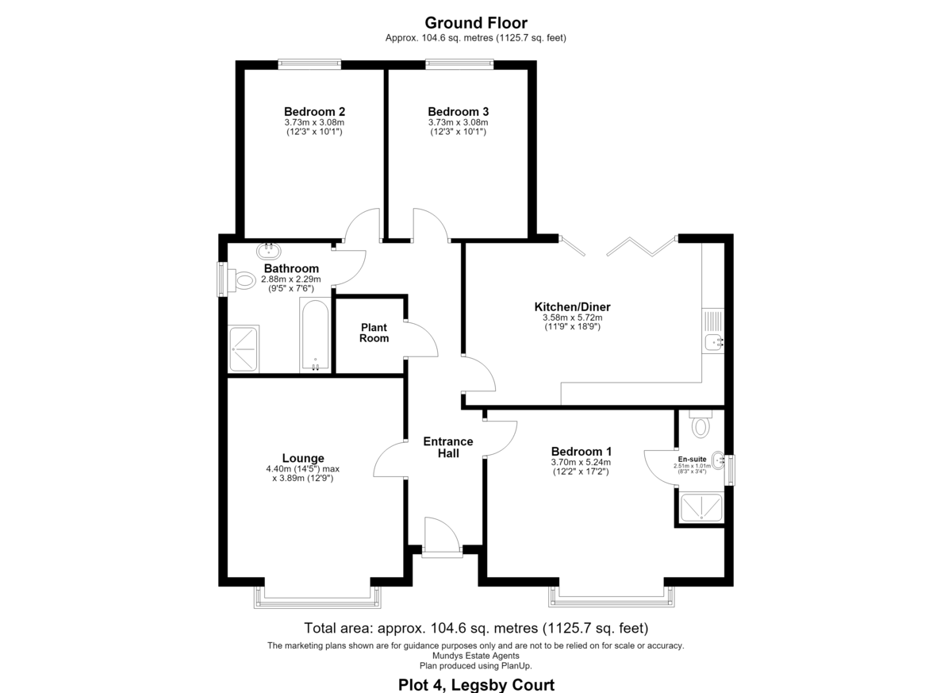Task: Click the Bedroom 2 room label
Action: pyautogui.click(x=314, y=112)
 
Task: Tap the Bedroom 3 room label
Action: pyautogui.click(x=459, y=112)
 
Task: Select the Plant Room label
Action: pyautogui.click(x=374, y=333)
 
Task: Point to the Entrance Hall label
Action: pyautogui.click(x=448, y=447)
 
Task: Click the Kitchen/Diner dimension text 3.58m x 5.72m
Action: pyautogui.click(x=573, y=318)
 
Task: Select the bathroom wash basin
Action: pyautogui.click(x=269, y=251)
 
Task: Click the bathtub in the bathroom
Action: pyautogui.click(x=315, y=335)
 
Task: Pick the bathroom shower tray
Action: pyautogui.click(x=244, y=349)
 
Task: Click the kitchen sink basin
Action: pyautogui.click(x=712, y=341)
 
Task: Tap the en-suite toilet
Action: pyautogui.click(x=701, y=424)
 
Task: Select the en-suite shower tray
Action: pyautogui.click(x=701, y=507)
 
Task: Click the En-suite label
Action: pyautogui.click(x=693, y=459)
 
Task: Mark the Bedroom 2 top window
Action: pyautogui.click(x=309, y=64)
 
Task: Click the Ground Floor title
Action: pyautogui.click(x=476, y=22)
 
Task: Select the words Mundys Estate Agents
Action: pyautogui.click(x=475, y=656)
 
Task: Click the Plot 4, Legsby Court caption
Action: pyautogui.click(x=476, y=684)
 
